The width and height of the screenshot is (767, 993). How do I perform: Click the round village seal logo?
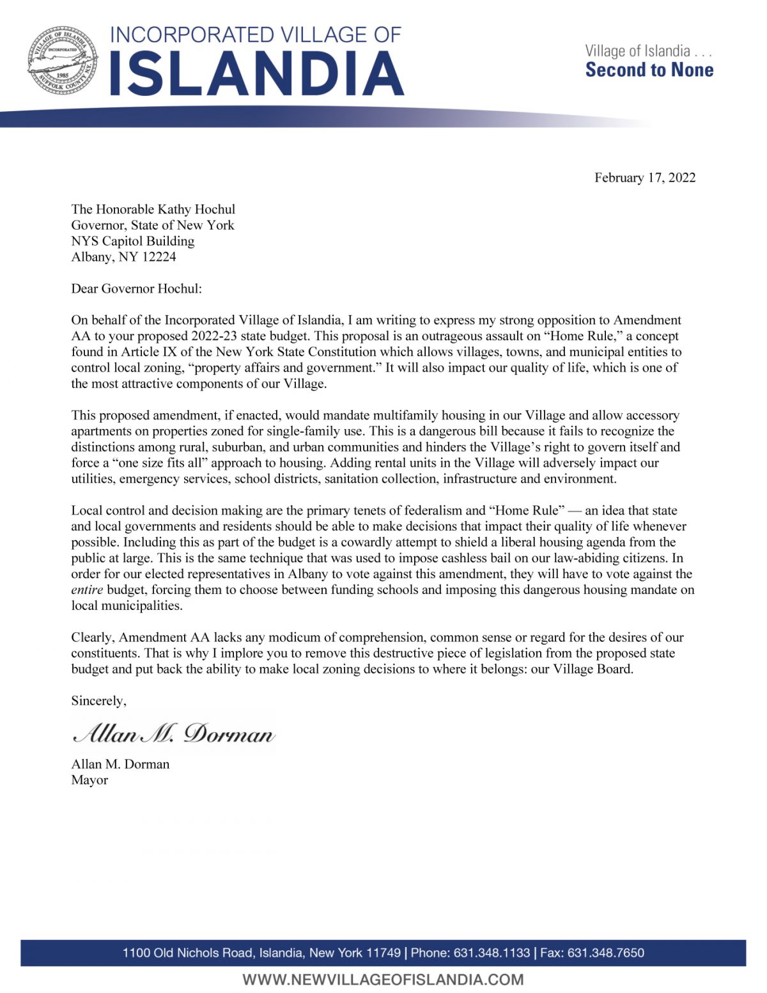[x=63, y=62]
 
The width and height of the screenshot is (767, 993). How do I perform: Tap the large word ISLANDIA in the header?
[x=257, y=73]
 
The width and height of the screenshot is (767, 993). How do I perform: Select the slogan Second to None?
[x=649, y=70]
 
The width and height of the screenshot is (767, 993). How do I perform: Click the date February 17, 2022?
[x=644, y=178]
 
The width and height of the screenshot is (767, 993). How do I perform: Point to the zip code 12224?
[x=159, y=257]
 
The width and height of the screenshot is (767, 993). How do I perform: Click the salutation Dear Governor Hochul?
[x=136, y=288]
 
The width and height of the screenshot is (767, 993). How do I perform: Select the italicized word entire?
[x=87, y=590]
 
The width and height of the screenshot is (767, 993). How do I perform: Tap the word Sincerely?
[x=98, y=701]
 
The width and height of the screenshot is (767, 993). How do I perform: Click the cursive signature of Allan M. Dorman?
[x=174, y=733]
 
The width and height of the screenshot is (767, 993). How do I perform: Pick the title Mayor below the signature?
[x=89, y=780]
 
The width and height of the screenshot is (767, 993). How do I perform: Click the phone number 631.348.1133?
[x=492, y=953]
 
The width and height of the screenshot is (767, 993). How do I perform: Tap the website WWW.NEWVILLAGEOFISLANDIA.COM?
[x=383, y=980]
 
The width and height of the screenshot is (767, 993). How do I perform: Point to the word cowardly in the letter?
[x=363, y=542]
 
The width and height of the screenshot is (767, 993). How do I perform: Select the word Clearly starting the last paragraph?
[x=93, y=637]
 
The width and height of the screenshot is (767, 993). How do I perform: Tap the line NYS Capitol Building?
[x=132, y=241]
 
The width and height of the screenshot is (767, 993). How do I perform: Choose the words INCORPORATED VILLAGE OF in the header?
[x=256, y=35]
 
